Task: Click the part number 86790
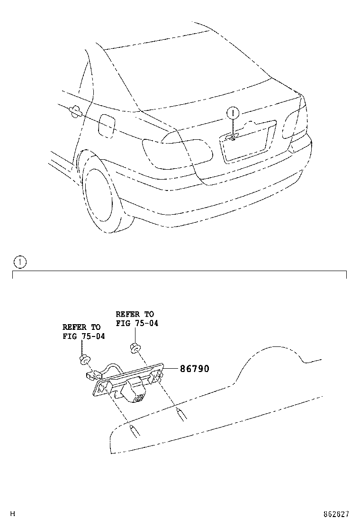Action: pos(194,369)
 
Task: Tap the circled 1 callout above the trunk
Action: pos(233,113)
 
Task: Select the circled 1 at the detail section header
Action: pos(20,261)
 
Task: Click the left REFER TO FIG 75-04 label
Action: pos(81,332)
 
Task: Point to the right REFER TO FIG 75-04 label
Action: pos(135,318)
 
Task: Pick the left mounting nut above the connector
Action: pos(84,359)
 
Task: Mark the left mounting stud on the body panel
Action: pos(134,431)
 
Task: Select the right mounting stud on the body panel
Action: pos(181,413)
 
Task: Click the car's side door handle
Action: pos(75,111)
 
